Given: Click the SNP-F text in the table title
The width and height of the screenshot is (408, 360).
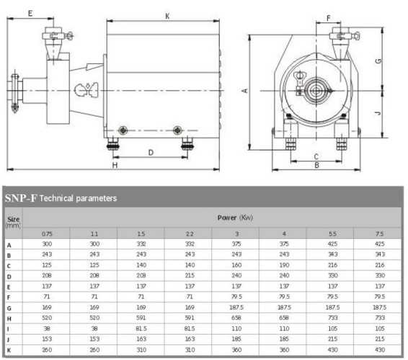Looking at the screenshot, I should click(x=21, y=197).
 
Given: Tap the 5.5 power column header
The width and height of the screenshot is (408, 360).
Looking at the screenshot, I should click(x=331, y=233).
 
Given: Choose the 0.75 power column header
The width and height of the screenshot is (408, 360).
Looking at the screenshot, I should click(x=47, y=233).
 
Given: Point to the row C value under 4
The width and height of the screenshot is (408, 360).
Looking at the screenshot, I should click(x=283, y=264).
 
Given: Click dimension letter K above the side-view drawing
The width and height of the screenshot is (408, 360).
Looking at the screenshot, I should click(x=167, y=15).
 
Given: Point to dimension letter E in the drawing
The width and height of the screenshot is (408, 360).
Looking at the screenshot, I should click(x=30, y=13).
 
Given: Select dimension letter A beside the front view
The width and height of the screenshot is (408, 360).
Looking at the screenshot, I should click(x=245, y=90).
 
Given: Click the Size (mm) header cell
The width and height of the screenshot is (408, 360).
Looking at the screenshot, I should click(x=12, y=221).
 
